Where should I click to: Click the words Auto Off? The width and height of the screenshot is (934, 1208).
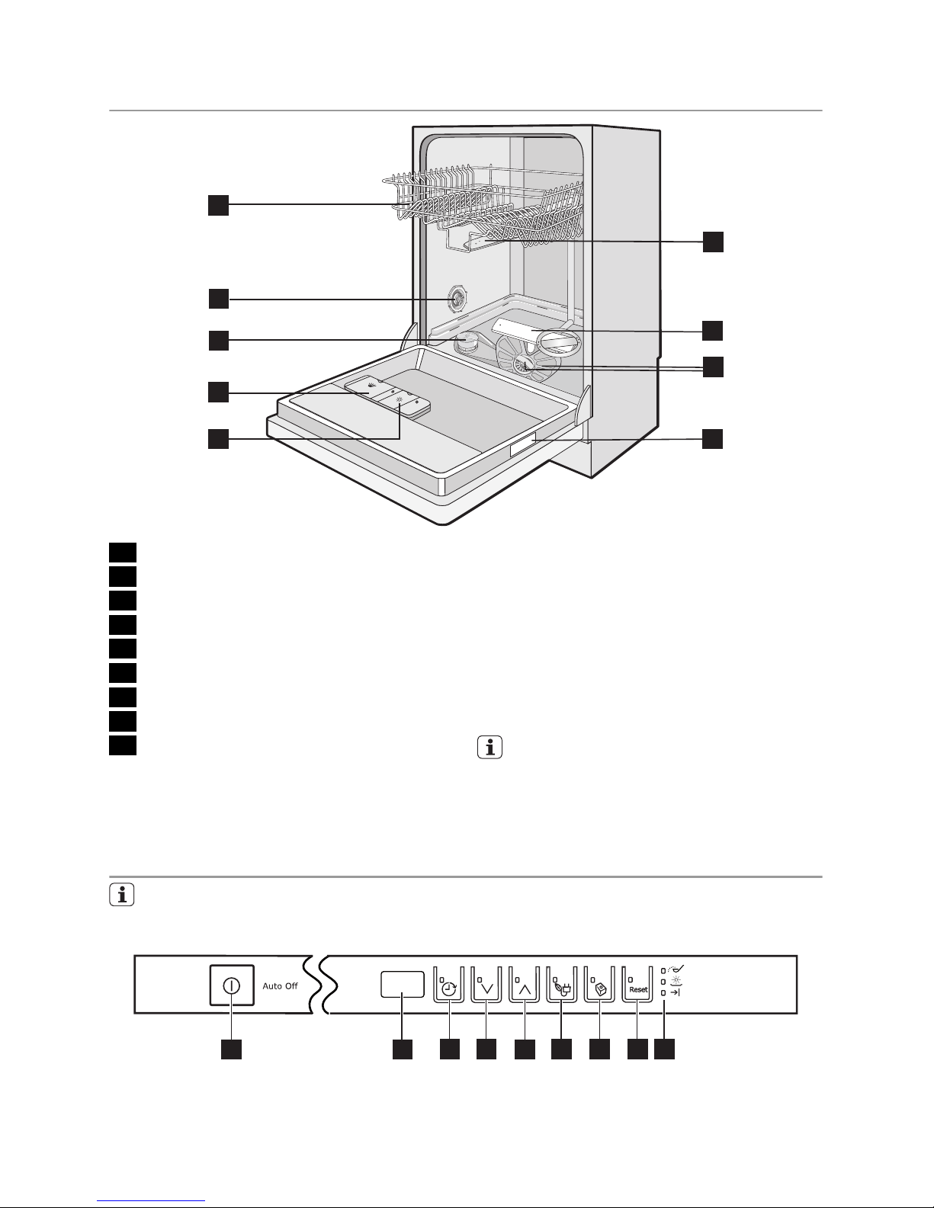[281, 985]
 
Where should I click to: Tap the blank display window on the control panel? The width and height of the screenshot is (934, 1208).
[403, 985]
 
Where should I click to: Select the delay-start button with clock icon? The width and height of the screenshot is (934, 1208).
[448, 985]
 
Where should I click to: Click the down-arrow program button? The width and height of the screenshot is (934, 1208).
[486, 985]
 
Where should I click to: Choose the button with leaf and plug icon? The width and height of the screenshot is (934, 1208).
[561, 985]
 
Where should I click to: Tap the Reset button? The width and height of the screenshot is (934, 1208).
[637, 985]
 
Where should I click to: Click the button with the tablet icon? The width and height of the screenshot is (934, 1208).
[599, 985]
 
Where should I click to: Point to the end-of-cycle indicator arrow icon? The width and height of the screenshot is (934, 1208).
[675, 992]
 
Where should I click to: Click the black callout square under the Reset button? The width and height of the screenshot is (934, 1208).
[637, 1049]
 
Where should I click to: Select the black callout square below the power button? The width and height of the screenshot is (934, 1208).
[231, 1049]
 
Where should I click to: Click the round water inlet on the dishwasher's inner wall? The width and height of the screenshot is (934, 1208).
[457, 299]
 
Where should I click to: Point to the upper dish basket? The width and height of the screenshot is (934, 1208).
[483, 206]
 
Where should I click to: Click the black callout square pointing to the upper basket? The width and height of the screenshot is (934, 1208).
[219, 204]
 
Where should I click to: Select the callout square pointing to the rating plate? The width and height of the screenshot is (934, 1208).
[713, 439]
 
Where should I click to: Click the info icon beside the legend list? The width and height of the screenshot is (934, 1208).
[489, 747]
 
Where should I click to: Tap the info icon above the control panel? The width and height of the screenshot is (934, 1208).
[122, 895]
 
